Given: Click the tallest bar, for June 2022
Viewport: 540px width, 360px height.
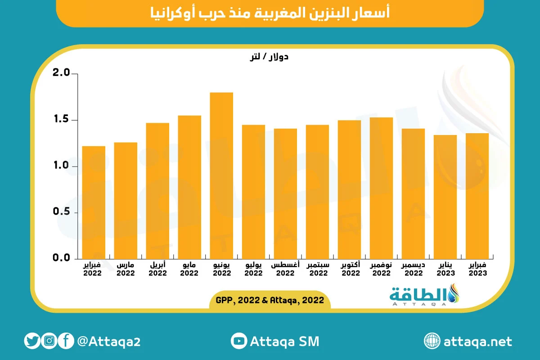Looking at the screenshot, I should click(221, 175).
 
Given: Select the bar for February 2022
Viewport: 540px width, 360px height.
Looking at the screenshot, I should click(94, 202).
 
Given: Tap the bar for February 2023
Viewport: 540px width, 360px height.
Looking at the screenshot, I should click(477, 196).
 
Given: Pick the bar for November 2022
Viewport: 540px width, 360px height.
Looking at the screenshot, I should click(381, 188).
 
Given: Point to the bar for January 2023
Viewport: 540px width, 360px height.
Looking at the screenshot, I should click(445, 197).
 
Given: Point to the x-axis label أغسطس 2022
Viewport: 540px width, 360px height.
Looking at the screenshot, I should click(285, 269).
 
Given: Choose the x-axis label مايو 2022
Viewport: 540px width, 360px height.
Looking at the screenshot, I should click(189, 269).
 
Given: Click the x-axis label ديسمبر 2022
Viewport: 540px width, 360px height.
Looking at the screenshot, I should click(413, 269).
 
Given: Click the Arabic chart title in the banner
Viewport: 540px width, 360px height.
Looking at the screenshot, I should click(270, 13).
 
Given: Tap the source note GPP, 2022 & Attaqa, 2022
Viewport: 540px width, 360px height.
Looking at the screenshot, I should click(270, 300).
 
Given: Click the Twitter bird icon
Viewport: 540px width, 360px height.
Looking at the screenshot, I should click(32, 341).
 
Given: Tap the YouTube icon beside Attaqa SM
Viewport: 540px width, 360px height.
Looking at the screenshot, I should click(238, 341).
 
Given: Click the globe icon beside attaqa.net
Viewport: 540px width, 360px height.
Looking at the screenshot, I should click(432, 341).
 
